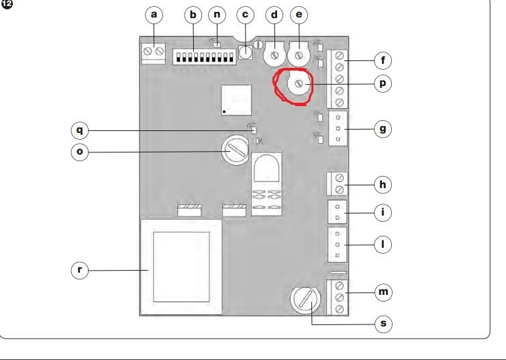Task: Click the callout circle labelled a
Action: point(154,15)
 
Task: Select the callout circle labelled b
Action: point(193,15)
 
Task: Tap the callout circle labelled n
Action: point(217,15)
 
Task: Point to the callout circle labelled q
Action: point(79,130)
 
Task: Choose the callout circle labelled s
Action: point(384,324)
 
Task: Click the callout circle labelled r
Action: point(79,270)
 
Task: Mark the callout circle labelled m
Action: point(383,292)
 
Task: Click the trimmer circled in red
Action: point(299,84)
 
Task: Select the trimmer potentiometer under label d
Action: point(274,55)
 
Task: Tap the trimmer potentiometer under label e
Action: point(299,55)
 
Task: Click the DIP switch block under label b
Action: point(205,57)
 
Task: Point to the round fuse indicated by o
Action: point(236,150)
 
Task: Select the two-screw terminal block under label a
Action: point(154,53)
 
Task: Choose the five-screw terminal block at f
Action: point(338,79)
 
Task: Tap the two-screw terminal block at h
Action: point(338,184)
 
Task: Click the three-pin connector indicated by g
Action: point(338,128)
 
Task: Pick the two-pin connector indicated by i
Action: point(338,212)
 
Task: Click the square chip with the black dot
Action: point(236,100)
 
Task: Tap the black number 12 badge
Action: point(7,4)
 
